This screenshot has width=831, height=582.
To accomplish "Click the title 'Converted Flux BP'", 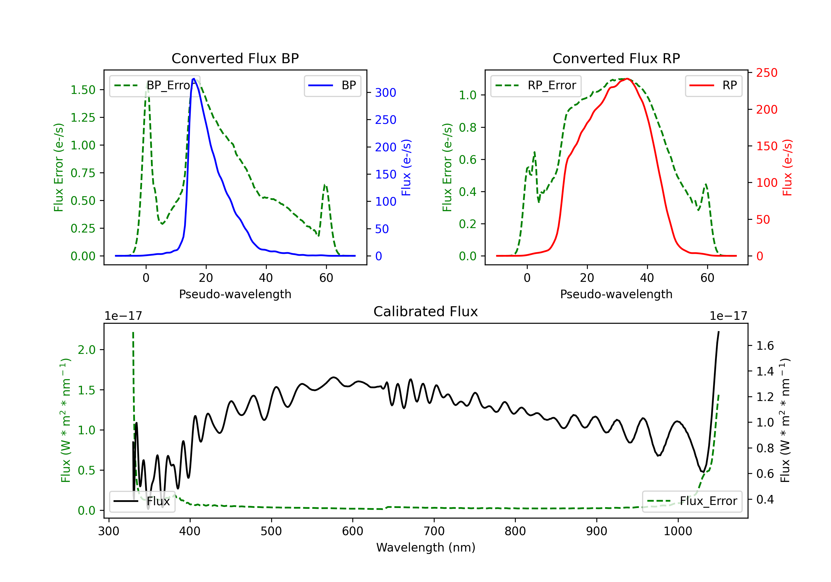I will [x=235, y=58].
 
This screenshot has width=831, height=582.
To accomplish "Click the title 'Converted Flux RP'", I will [x=616, y=58].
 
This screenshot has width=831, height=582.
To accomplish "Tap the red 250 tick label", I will [x=766, y=73].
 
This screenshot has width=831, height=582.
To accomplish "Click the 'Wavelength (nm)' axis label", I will [x=426, y=547].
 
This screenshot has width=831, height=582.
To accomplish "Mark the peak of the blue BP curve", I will [x=194, y=79].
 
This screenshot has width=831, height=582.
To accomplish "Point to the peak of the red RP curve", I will [x=627, y=79].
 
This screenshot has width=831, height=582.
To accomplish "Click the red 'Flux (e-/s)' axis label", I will [x=787, y=167].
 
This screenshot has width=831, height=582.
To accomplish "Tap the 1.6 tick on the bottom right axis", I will [x=765, y=346].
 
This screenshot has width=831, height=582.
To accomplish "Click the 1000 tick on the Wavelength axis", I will [x=678, y=531].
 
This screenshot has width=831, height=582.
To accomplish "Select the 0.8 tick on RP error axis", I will [x=467, y=127].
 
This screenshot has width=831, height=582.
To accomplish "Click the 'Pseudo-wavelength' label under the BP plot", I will [x=235, y=294].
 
